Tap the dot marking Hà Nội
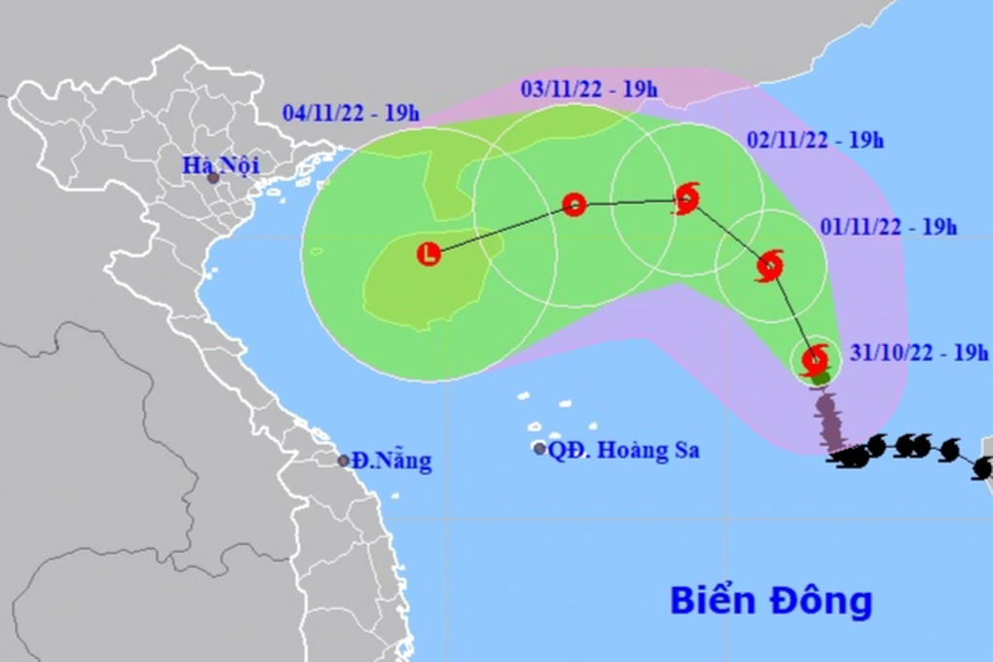tap(213, 178)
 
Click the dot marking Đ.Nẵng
tap(344, 460)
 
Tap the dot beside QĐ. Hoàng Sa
tap(539, 449)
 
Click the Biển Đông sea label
tap(770, 601)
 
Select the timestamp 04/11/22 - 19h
tap(350, 113)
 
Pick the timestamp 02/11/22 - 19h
tap(815, 140)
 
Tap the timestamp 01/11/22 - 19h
tap(888, 228)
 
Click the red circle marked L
tap(428, 255)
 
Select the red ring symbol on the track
tap(574, 204)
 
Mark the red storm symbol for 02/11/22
tap(687, 198)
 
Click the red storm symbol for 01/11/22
tap(769, 265)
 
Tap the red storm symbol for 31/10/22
tap(815, 359)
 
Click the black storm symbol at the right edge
tap(981, 469)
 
